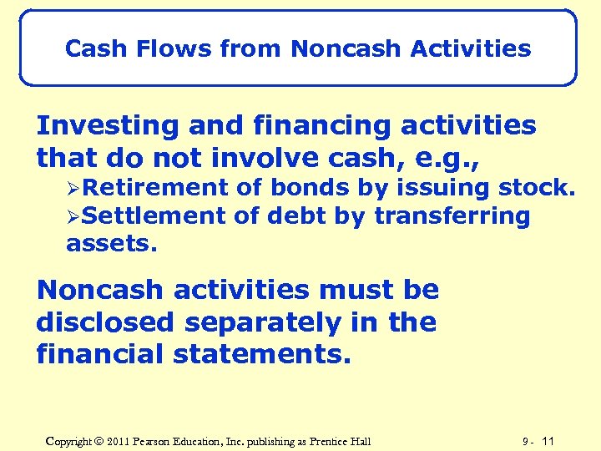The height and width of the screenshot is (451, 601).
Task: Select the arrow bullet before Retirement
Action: (73, 188)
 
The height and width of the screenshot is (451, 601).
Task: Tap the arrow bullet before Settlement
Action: (73, 216)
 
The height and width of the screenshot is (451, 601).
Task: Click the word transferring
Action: (452, 216)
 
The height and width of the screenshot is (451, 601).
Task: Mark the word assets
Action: (99, 244)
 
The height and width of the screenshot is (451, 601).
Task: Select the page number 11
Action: (548, 440)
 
